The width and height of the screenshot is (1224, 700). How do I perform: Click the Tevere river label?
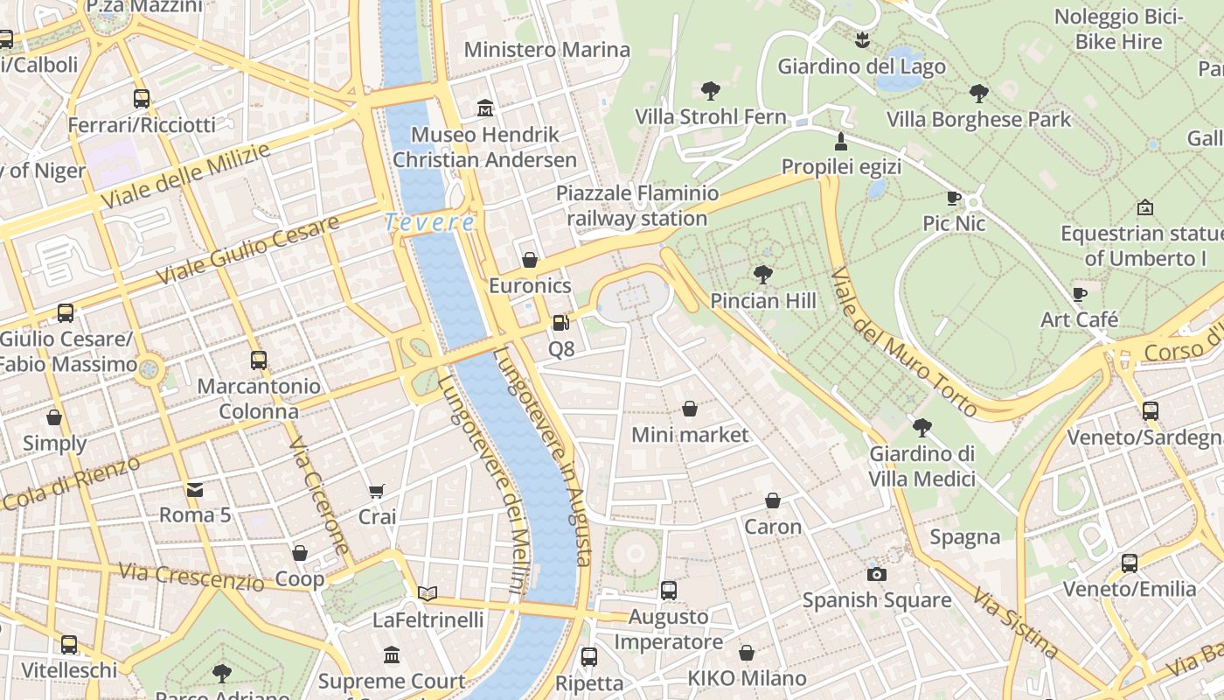(429, 222)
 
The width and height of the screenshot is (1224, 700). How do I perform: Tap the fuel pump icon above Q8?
(560, 323)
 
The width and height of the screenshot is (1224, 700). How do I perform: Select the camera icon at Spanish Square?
(876, 574)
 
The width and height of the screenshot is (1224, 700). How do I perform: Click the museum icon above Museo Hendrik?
(485, 108)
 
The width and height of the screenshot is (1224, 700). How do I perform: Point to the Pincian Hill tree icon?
(762, 275)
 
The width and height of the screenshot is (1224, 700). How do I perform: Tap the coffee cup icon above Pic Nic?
(954, 199)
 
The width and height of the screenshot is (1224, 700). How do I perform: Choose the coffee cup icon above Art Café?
(1080, 294)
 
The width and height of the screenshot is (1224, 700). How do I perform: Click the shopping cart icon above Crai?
(377, 492)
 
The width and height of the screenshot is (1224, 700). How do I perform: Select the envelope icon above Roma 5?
(194, 489)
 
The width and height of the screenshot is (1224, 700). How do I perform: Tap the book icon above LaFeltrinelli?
(427, 594)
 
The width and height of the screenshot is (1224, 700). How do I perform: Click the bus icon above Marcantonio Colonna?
(258, 360)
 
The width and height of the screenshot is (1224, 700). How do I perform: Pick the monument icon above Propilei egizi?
(841, 141)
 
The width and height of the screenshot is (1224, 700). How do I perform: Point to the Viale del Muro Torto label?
(904, 342)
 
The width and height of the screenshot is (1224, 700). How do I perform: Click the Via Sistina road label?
(1015, 623)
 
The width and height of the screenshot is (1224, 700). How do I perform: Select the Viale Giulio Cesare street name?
(247, 250)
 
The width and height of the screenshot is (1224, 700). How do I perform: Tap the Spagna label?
(964, 537)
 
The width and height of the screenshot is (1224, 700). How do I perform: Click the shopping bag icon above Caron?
(773, 500)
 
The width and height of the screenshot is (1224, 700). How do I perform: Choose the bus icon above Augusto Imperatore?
(669, 591)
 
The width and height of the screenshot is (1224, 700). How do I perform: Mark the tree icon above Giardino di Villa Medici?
(921, 428)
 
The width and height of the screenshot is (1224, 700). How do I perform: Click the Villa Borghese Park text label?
(978, 119)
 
